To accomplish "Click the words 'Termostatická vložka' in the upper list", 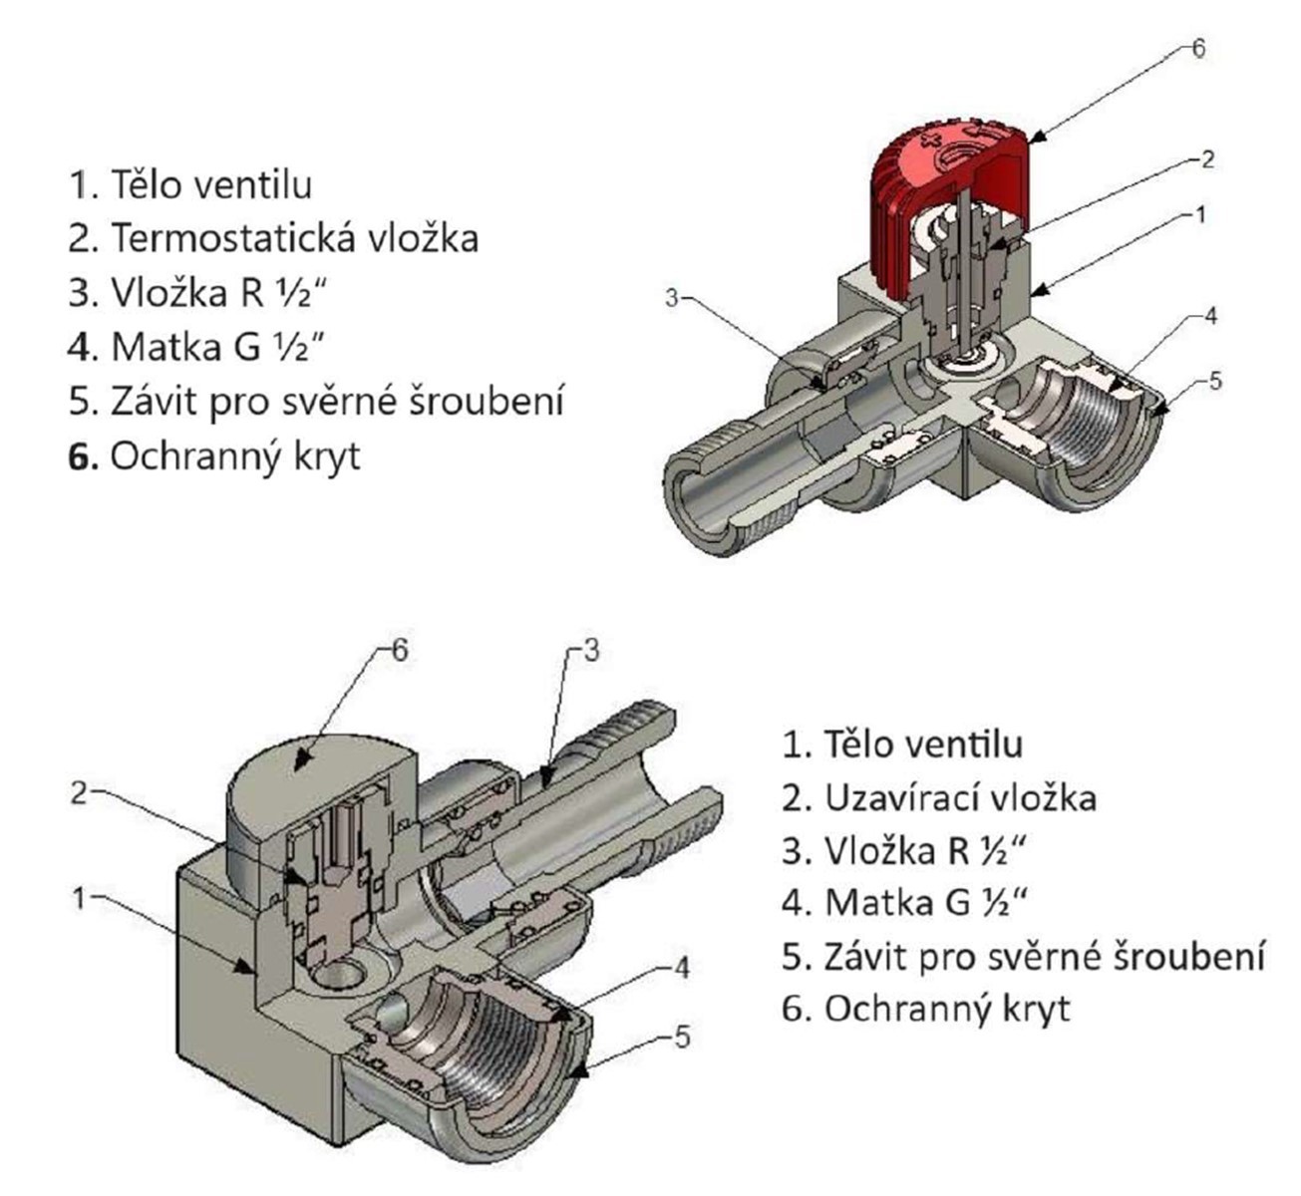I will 293,238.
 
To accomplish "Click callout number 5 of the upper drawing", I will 1213,380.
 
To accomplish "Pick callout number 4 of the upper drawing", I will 1210,317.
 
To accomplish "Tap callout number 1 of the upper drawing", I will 1200,214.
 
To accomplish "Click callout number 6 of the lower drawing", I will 399,650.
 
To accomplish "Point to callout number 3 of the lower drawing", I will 589,652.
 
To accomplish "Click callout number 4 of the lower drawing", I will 680,967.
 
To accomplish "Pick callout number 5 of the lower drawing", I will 680,1038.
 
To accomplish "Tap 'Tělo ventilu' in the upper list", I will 211,184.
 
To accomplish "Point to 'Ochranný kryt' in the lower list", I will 947,1008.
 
